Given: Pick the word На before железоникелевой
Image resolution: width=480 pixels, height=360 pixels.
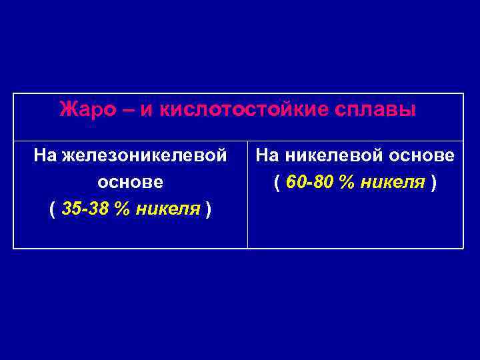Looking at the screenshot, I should pyautogui.click(x=45, y=156).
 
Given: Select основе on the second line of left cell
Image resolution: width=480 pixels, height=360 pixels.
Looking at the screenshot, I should pyautogui.click(x=130, y=182).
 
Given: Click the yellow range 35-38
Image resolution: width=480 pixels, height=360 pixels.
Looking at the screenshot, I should pyautogui.click(x=85, y=209).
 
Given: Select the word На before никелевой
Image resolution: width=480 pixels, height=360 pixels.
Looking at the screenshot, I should pyautogui.click(x=267, y=156).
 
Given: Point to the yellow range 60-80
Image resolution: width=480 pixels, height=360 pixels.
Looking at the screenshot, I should pyautogui.click(x=311, y=182).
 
